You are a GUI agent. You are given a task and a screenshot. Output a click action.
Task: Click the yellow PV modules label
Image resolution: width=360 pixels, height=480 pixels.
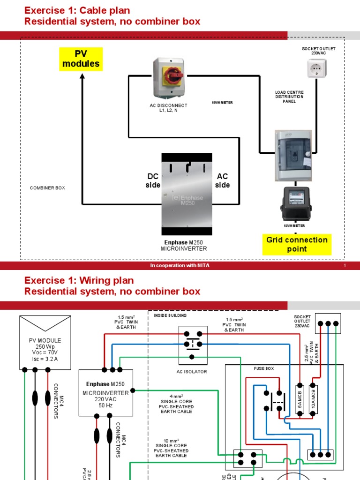81,59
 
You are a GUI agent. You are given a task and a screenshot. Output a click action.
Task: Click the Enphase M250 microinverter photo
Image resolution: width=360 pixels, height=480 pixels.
187,195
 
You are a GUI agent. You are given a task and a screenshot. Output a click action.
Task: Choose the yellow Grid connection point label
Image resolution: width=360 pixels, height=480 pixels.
297,244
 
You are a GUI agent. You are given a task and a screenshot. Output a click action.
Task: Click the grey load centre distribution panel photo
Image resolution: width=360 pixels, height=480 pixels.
293,156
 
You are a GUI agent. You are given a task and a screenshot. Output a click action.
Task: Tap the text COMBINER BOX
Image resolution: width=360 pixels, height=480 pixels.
48,188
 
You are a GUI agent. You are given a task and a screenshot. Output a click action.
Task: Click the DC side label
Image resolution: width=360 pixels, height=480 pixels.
153,180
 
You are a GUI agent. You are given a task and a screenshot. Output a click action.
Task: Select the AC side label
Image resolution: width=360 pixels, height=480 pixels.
223,180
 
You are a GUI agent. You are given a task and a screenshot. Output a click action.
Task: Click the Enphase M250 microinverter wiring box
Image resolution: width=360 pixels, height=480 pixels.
105,392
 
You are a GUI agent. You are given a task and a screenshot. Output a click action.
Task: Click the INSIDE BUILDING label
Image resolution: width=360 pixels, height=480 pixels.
170,315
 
